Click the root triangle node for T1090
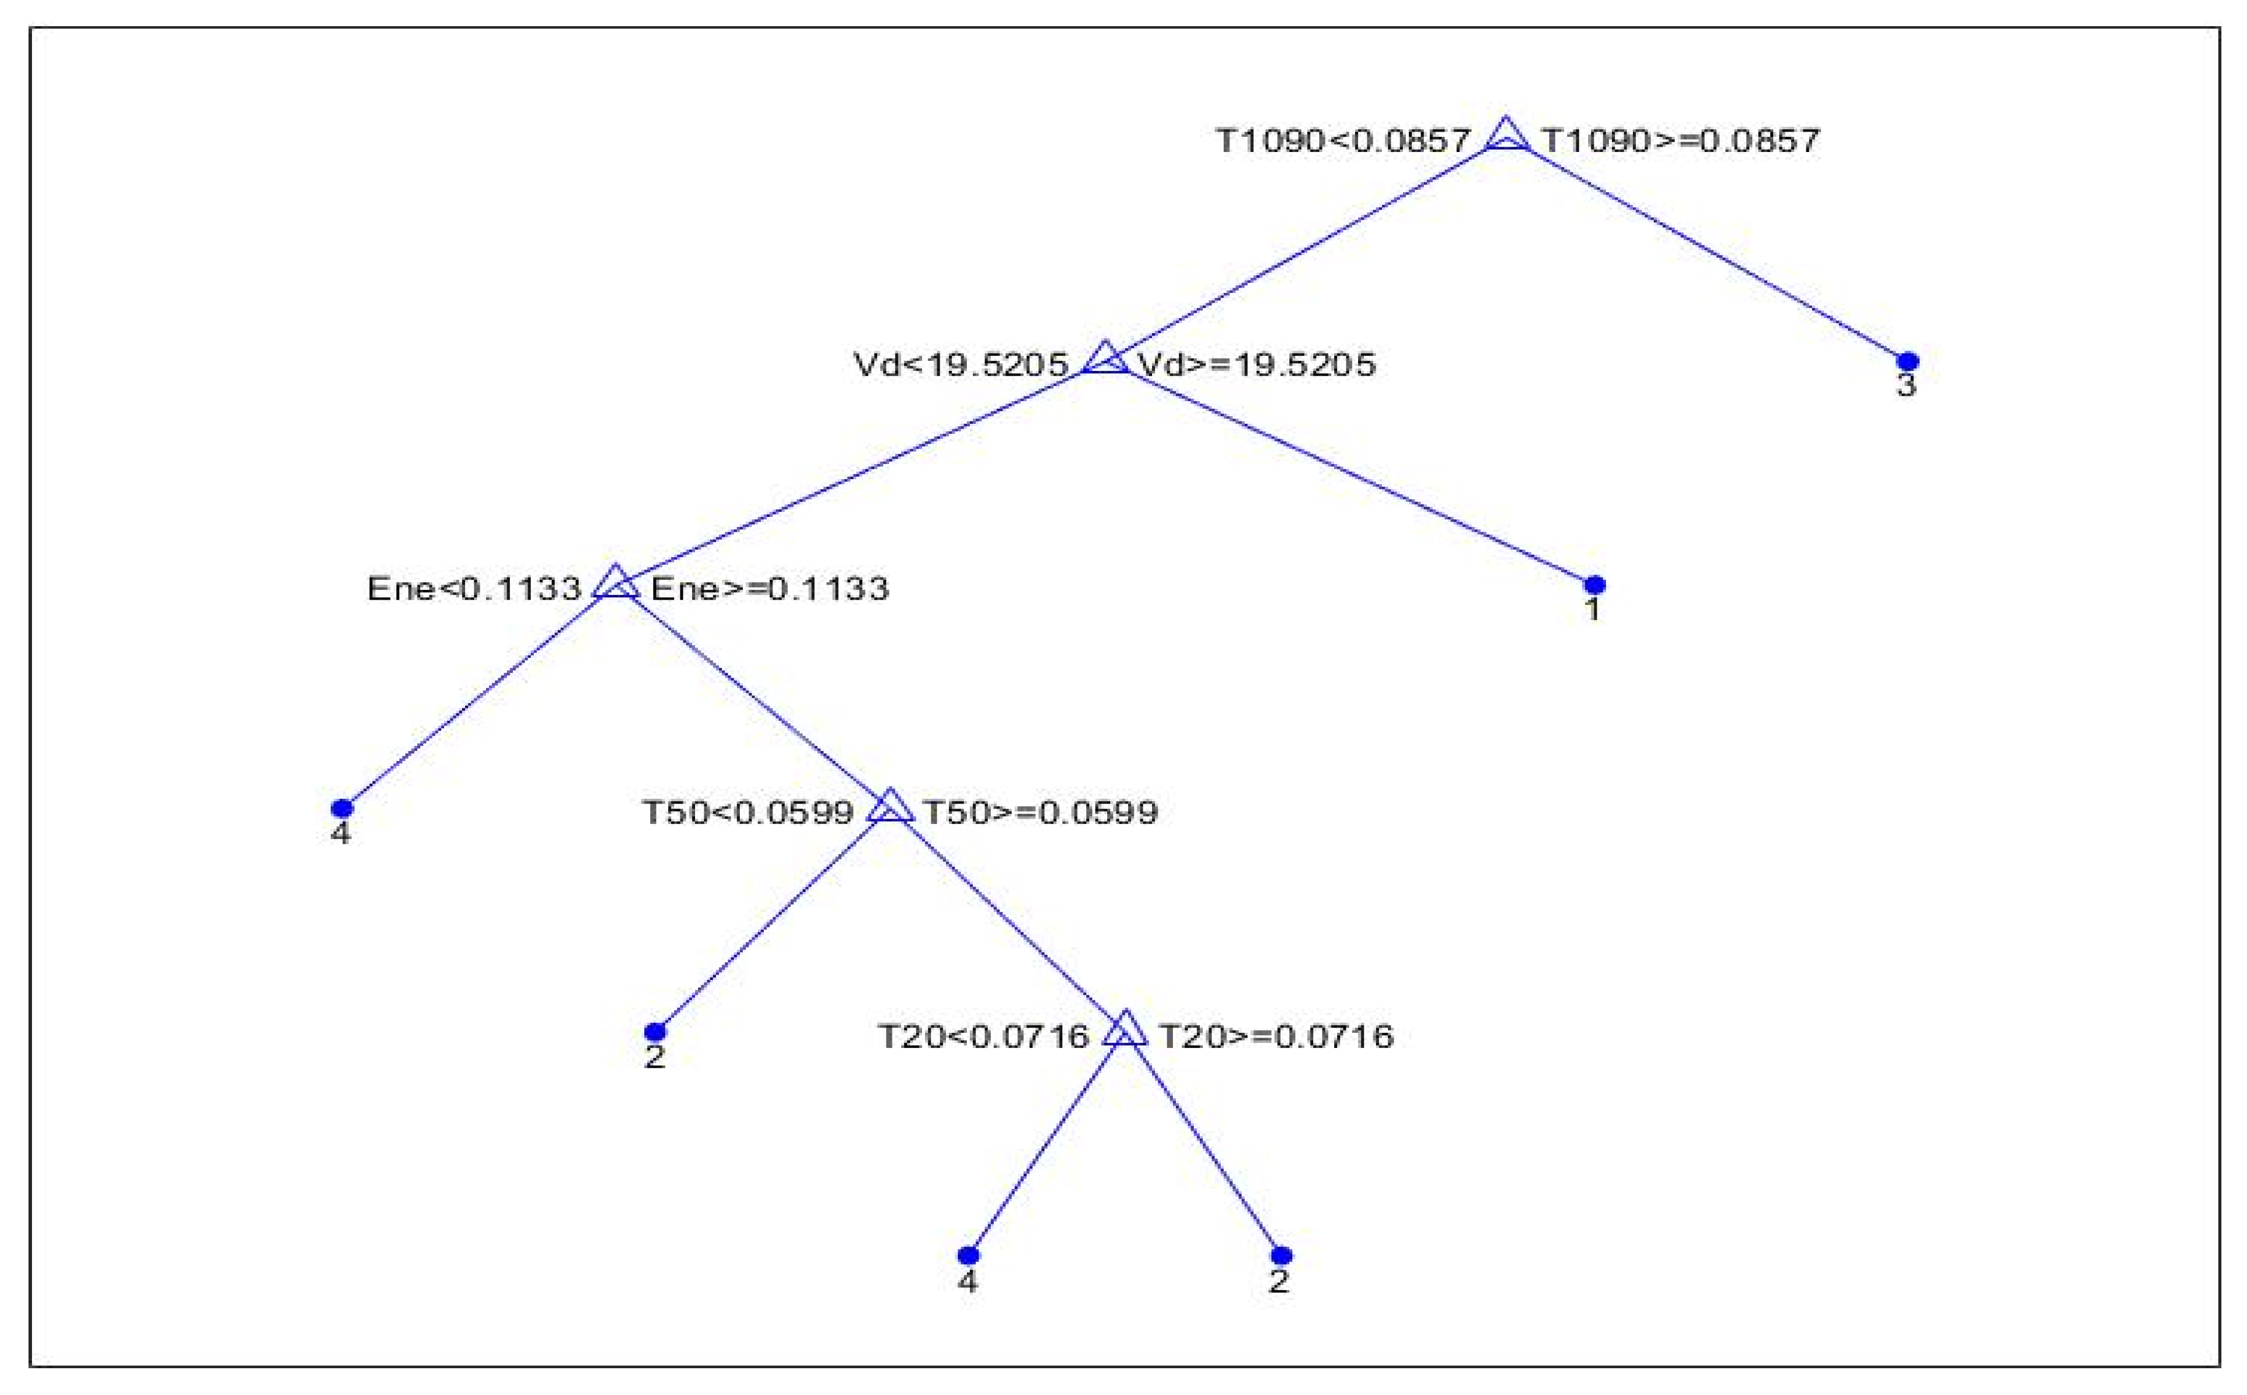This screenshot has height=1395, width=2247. (1507, 136)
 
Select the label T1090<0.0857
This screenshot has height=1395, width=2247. (1342, 141)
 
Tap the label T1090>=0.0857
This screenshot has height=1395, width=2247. (1681, 141)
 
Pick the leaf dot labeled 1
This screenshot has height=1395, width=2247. (1594, 585)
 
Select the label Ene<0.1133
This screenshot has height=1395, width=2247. (473, 589)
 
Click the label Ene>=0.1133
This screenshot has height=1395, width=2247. (770, 589)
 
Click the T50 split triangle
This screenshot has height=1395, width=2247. (890, 808)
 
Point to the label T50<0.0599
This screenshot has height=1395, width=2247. (747, 813)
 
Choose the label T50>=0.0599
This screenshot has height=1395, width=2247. (1040, 813)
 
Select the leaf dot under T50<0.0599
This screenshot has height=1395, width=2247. (655, 1032)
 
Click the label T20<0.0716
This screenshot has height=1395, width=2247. (983, 1037)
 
